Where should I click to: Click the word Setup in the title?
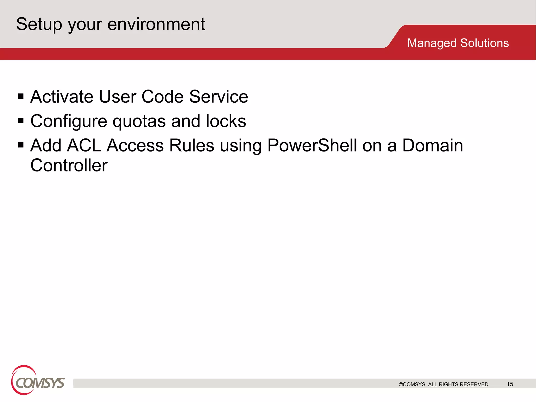tap(39, 24)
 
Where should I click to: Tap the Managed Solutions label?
tap(458, 43)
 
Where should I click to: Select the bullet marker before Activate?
tap(21, 96)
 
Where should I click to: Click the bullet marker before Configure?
tap(21, 121)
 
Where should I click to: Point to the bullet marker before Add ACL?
tap(21, 145)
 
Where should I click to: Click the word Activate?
tap(62, 97)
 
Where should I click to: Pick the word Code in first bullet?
tap(163, 97)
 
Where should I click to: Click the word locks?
tap(226, 121)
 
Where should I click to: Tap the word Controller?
tap(69, 165)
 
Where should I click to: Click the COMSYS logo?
tap(37, 380)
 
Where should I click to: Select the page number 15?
tap(510, 384)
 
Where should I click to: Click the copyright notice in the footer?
tap(443, 384)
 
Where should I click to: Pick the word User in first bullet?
tap(118, 97)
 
